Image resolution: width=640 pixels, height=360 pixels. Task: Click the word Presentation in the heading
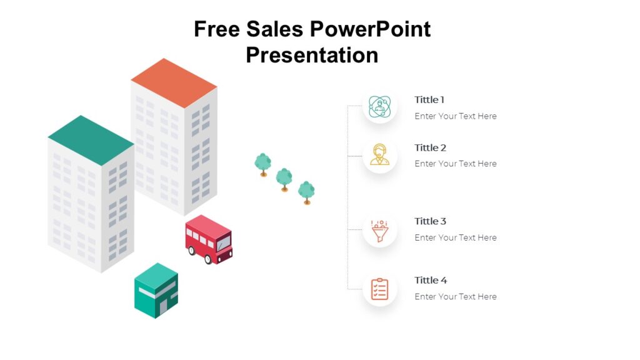point(312,55)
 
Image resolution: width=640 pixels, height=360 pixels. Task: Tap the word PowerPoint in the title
point(371,29)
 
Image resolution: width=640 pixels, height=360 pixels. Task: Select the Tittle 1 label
point(429,99)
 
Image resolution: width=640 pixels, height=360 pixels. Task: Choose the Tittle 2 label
point(430,147)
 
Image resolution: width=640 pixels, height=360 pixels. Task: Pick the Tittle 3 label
point(430,221)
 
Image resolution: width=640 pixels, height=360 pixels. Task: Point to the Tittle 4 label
point(431,280)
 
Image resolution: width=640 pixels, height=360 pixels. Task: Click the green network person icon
point(379,106)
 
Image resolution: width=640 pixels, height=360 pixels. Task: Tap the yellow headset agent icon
point(379,154)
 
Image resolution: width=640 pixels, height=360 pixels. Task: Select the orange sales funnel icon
point(379,231)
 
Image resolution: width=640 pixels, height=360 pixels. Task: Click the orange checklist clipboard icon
point(379,289)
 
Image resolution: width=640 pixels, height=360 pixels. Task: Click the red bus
point(208,239)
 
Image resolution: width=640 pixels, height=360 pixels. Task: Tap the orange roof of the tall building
point(174,82)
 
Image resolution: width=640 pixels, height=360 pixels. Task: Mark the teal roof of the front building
point(91,139)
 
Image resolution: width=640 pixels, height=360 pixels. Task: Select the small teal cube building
point(156,290)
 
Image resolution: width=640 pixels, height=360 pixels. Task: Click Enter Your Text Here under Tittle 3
point(455,237)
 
